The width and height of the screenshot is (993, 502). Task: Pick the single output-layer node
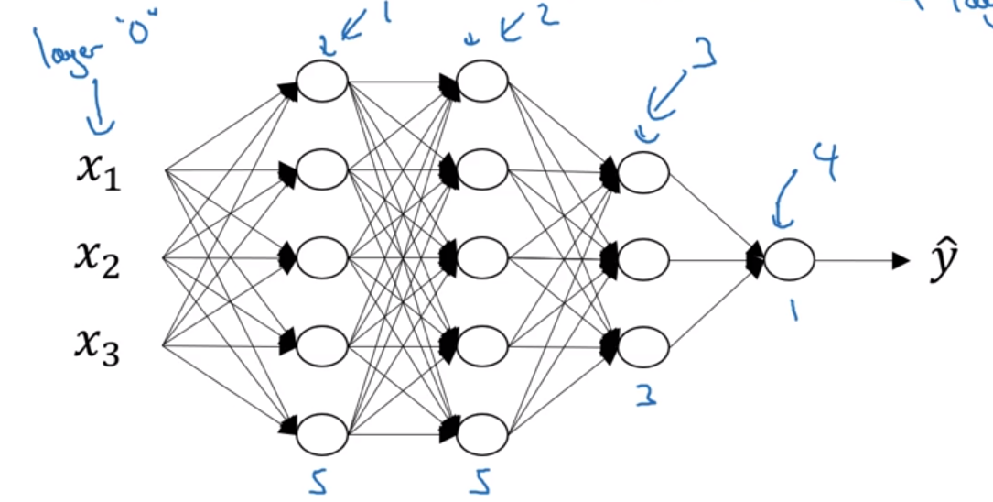pyautogui.click(x=789, y=260)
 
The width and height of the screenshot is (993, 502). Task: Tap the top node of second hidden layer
pyautogui.click(x=482, y=82)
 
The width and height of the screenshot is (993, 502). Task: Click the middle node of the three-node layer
pyautogui.click(x=643, y=260)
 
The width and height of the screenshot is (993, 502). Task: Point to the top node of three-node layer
pyautogui.click(x=643, y=171)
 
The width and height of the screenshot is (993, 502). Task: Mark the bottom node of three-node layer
pyautogui.click(x=643, y=347)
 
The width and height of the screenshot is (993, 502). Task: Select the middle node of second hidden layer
pyautogui.click(x=482, y=257)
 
